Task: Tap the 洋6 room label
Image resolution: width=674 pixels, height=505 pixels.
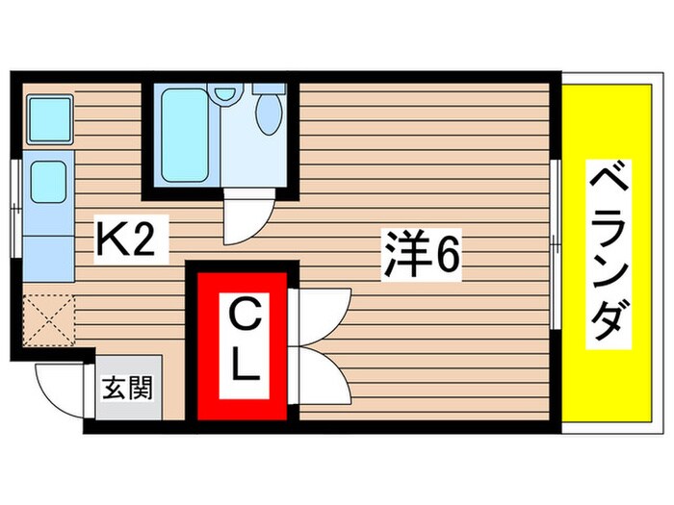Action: coord(420,255)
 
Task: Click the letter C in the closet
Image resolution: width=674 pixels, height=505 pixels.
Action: coord(242,314)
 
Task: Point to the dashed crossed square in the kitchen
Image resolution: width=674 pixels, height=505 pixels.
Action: coord(48,316)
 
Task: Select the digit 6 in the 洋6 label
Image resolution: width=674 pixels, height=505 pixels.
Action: coord(449,255)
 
